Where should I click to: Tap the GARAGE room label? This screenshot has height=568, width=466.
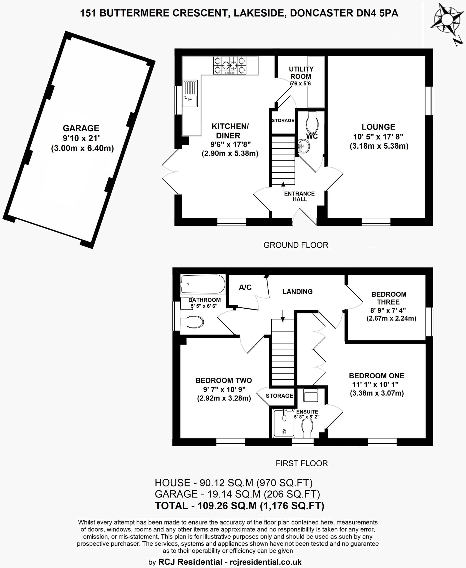click(81, 128)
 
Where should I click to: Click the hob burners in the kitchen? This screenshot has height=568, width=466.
click(230, 65)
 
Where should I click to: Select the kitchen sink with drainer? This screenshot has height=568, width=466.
click(190, 93)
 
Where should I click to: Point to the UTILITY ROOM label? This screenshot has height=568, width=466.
click(301, 73)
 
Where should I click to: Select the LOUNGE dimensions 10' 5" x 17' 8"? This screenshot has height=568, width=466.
click(378, 136)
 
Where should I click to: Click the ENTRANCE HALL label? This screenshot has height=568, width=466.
click(299, 196)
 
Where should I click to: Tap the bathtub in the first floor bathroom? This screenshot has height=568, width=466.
click(203, 284)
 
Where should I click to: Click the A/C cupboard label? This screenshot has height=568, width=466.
click(245, 288)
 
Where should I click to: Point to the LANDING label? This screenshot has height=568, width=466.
click(298, 291)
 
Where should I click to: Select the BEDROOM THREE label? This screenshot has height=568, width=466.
click(389, 298)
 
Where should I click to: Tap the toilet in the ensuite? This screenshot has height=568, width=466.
click(307, 428)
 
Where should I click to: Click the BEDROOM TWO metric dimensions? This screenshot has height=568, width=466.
click(224, 399)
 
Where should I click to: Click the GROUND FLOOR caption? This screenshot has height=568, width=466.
click(296, 245)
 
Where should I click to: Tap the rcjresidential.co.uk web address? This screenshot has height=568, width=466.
click(265, 562)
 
